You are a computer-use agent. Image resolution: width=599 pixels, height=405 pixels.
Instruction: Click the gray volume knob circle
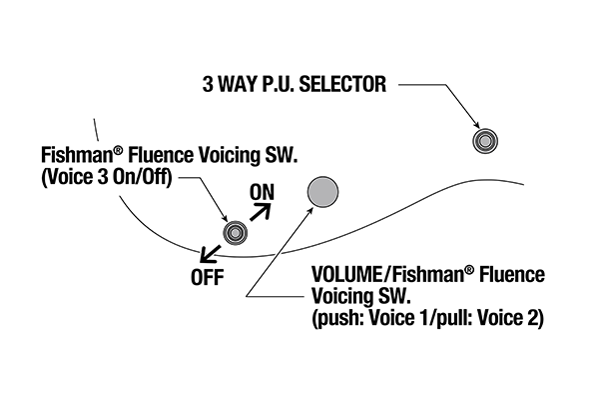[322, 192]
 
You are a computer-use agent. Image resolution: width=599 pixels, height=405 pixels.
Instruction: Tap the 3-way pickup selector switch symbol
[485, 140]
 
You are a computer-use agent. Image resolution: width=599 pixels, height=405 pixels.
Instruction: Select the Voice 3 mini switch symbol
[235, 234]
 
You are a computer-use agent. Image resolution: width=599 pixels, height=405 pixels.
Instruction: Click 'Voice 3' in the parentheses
[75, 180]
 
